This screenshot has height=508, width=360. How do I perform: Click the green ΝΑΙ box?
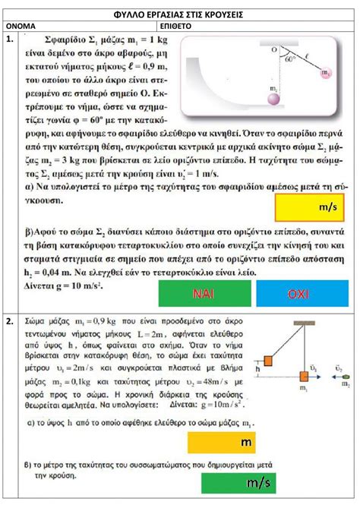tap(203, 293)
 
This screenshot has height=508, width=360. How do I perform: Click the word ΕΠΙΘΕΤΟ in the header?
tap(201, 25)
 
